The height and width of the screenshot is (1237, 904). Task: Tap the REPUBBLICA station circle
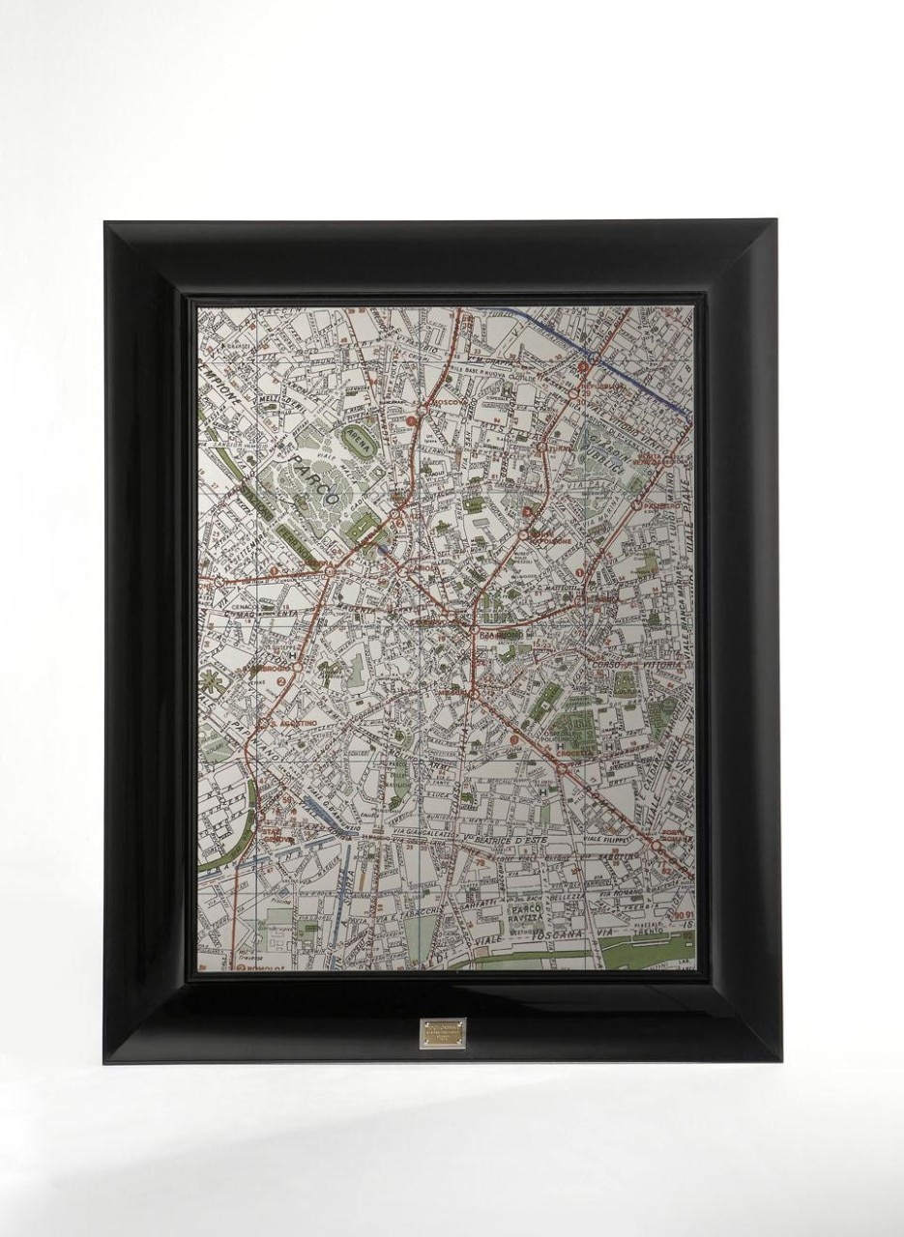click(584, 367)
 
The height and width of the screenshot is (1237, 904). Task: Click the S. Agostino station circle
click(263, 721)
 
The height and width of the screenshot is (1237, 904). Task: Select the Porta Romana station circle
click(658, 844)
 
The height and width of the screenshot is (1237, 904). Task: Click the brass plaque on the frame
click(444, 1030)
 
